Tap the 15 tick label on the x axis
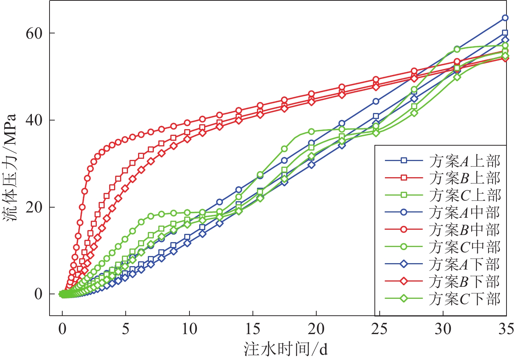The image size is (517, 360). click(252, 329)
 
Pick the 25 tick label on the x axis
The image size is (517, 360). click(379, 329)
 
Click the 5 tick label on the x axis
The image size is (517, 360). click(126, 329)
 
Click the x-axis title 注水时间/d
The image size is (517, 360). click(286, 349)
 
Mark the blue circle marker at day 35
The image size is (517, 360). click(505, 18)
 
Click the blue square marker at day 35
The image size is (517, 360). click(505, 33)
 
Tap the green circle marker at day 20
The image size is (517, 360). click(311, 132)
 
